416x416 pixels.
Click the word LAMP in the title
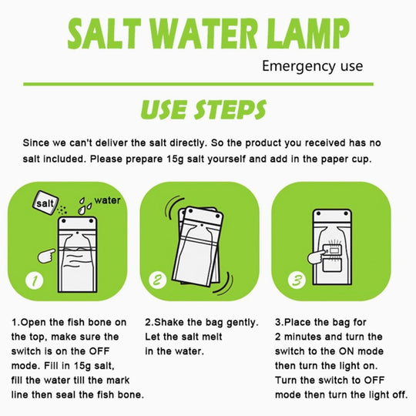tap(308, 34)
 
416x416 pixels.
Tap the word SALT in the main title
tap(104, 34)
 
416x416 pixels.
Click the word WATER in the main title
tap(203, 34)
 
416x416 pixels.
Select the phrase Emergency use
tap(312, 66)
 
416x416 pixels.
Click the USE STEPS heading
tap(203, 109)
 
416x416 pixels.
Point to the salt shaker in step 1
tap(45, 203)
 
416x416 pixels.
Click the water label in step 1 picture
tap(107, 200)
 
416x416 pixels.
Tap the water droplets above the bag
tap(85, 206)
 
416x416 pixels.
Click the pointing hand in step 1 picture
tap(46, 256)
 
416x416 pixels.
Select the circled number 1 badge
tap(35, 280)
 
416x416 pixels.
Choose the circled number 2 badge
tap(158, 280)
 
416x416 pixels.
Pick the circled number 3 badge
tap(297, 280)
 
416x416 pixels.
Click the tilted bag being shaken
tap(198, 247)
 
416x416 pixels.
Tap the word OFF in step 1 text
tap(99, 351)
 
